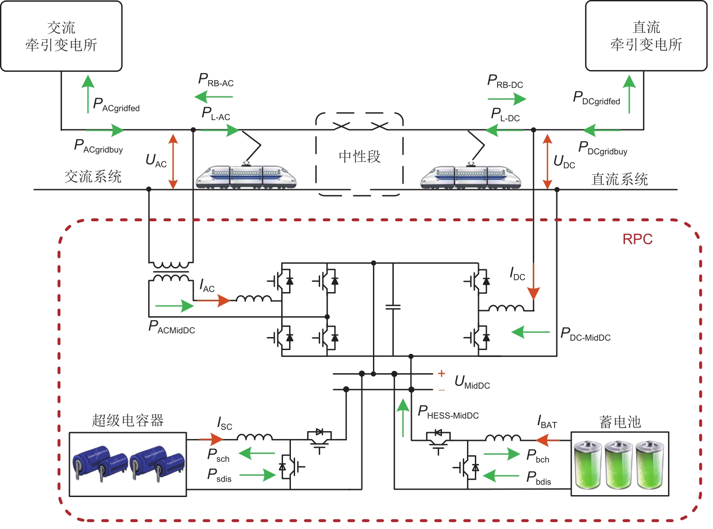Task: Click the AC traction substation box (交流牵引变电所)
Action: (x=61, y=36)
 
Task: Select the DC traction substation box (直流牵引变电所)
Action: (x=646, y=36)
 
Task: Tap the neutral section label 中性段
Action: (x=360, y=157)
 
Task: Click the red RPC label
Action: (x=637, y=239)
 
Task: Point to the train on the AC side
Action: (x=246, y=177)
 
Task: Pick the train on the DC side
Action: (x=470, y=177)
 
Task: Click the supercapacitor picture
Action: (x=128, y=464)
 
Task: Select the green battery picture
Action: (x=619, y=464)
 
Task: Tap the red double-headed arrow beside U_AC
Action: (x=173, y=161)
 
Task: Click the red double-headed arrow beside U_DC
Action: (x=547, y=161)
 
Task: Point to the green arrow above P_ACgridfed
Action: (x=88, y=94)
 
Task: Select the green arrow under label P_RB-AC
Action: (x=214, y=97)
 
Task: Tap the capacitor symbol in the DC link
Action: (x=393, y=307)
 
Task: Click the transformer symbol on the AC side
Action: (x=171, y=272)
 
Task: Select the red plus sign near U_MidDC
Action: (x=442, y=373)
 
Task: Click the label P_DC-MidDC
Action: (x=586, y=334)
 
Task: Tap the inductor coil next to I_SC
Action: (x=254, y=437)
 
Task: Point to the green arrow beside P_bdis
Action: (x=501, y=476)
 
